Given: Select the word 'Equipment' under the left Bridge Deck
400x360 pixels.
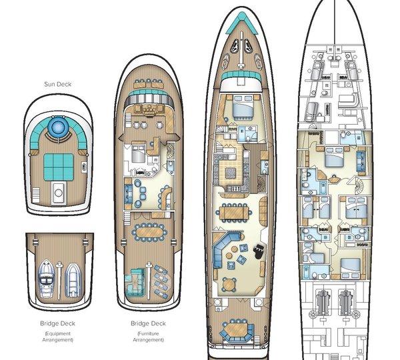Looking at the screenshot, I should pyautogui.click(x=59, y=332).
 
